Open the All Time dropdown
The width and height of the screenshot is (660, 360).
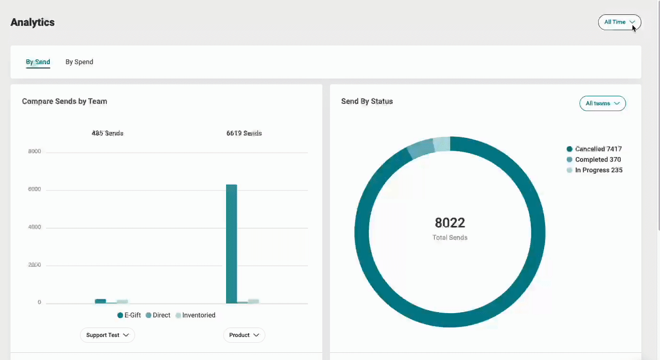coord(619,22)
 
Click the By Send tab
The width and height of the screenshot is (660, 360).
coord(38,62)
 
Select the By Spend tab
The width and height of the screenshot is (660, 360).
coord(80,62)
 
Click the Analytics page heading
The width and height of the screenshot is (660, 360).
coord(33,22)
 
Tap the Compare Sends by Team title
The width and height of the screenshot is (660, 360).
coord(65,101)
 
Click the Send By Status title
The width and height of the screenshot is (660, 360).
coord(367,101)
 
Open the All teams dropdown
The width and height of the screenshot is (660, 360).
coord(603,103)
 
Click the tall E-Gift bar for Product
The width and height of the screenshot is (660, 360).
coord(231,244)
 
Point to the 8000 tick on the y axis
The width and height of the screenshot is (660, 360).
coord(35,152)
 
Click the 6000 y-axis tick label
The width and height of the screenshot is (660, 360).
coord(35,190)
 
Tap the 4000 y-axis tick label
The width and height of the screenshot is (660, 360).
coord(35,227)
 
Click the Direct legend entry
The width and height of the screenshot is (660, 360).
coord(158,315)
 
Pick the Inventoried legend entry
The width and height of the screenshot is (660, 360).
coord(195,315)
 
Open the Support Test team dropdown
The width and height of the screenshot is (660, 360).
coord(107,335)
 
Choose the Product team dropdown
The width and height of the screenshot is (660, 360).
coord(244,335)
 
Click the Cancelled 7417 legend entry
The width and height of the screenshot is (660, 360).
coord(594,149)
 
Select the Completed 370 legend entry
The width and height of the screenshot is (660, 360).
coord(594,159)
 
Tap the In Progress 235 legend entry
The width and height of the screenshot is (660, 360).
coord(594,170)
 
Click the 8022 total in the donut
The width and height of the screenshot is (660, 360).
coord(450,223)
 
